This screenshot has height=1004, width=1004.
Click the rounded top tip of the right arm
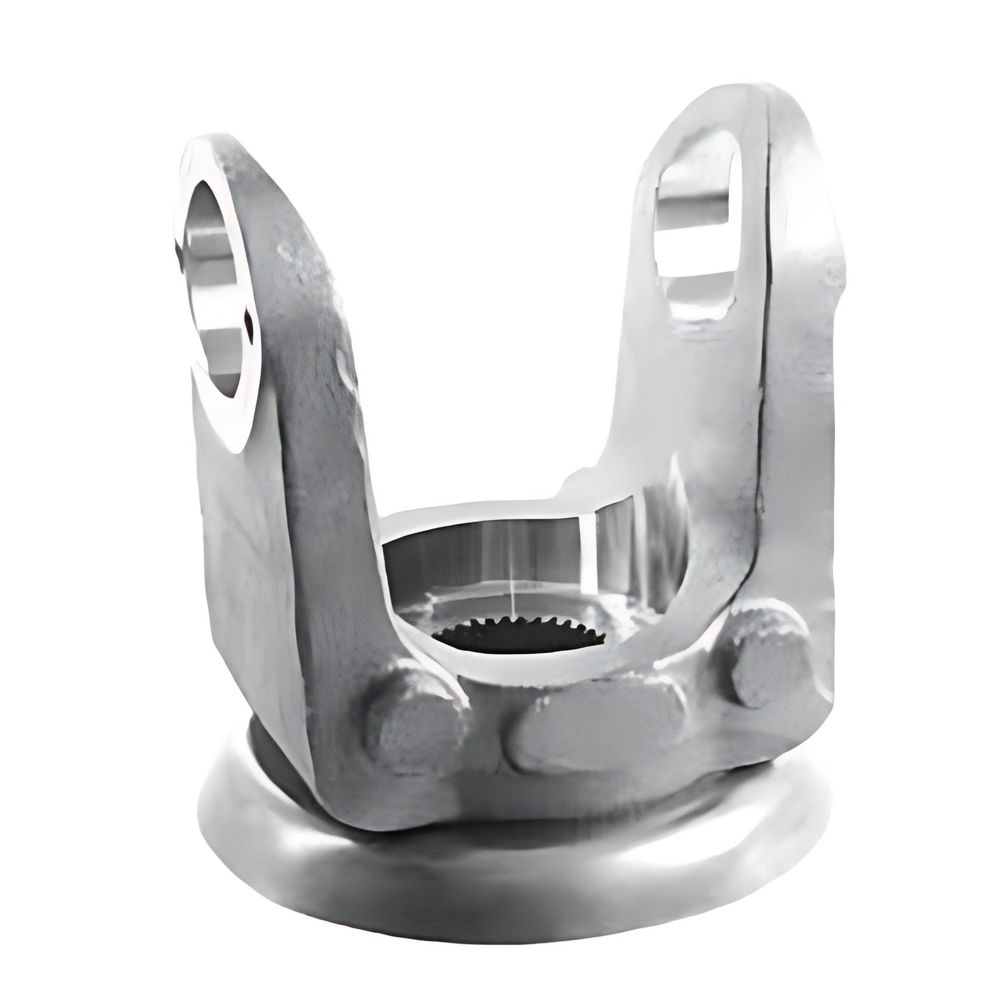[771, 102]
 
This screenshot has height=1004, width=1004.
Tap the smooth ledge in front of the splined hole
[514, 669]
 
